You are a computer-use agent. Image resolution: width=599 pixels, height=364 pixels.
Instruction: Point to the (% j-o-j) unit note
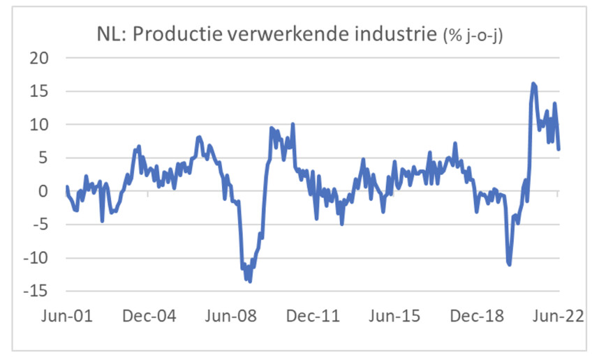(475, 36)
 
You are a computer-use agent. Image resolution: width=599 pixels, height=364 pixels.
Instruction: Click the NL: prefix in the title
(110, 34)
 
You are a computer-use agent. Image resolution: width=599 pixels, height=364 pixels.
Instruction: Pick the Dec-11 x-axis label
(311, 315)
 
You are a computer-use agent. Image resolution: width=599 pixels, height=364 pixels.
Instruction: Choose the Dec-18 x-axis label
(475, 315)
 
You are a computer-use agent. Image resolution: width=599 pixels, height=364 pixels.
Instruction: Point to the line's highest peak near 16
(533, 84)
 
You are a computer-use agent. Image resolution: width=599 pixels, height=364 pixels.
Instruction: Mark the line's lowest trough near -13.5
(249, 281)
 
